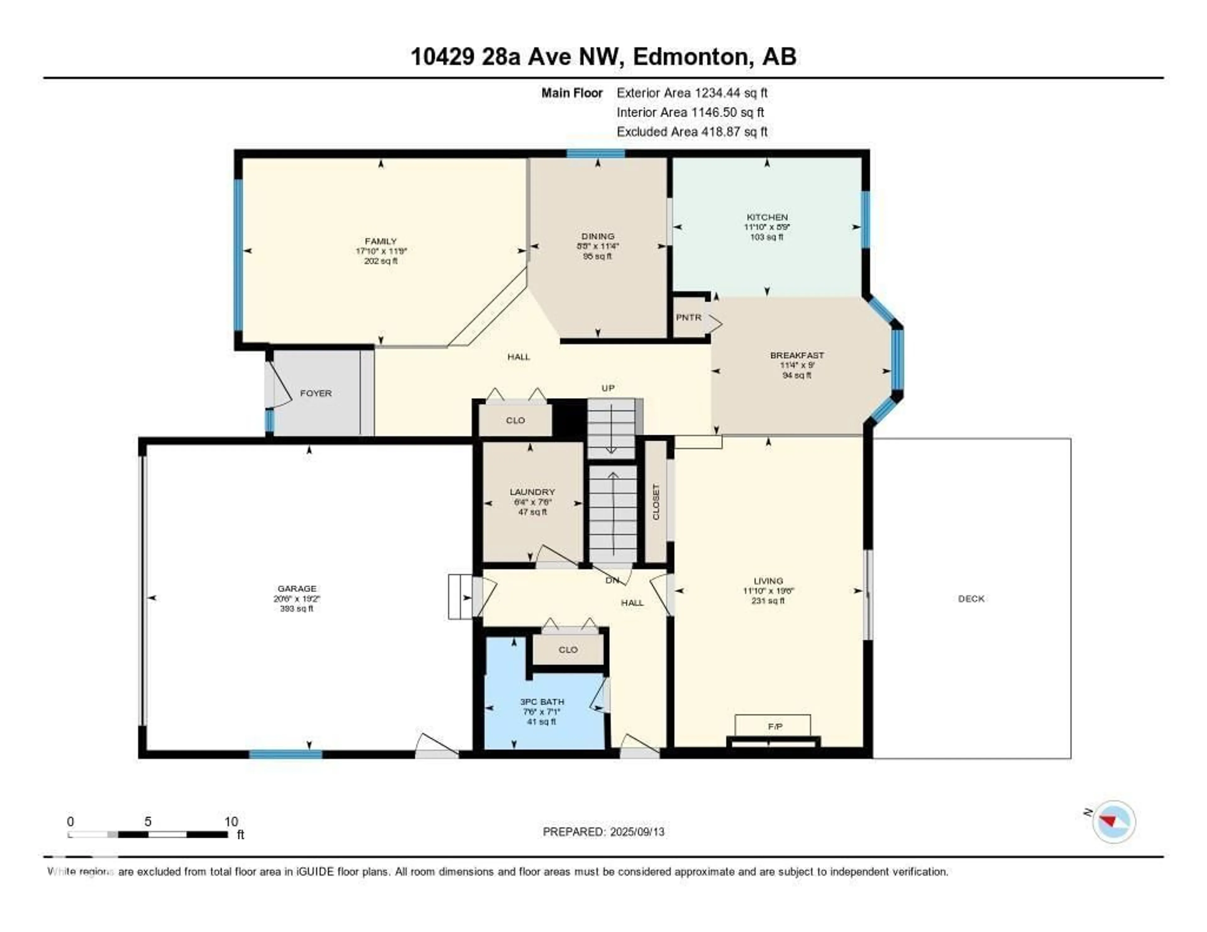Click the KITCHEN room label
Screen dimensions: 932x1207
767,217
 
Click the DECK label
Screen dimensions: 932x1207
971,599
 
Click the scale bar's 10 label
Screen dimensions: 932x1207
231,821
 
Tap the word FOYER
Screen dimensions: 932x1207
316,393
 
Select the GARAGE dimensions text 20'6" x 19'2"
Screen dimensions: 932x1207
297,599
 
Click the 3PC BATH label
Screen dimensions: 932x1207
542,702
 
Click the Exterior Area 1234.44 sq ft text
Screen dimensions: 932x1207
692,93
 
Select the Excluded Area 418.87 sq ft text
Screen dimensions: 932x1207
692,131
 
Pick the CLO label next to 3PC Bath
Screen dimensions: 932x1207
568,650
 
